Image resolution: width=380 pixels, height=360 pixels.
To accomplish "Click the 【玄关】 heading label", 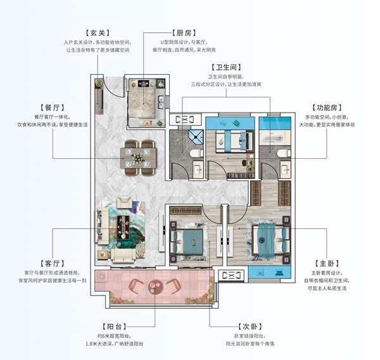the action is [x=98, y=33].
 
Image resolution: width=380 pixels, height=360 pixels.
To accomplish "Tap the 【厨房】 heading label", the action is [x=184, y=33].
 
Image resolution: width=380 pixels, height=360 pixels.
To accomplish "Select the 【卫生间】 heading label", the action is [x=226, y=67].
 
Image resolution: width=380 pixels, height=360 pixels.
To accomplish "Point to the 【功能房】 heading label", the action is [x=327, y=108].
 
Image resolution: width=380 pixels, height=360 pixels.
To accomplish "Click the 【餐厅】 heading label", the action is [x=53, y=108].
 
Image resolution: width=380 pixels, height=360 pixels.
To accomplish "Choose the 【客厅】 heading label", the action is [x=53, y=263].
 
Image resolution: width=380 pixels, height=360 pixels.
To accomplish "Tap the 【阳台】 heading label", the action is [x=115, y=326].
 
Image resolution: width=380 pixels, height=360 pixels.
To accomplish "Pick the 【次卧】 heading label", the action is [x=250, y=326].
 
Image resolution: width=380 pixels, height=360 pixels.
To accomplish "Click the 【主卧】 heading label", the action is [x=327, y=263].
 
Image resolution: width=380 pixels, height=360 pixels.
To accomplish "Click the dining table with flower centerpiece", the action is [x=138, y=158].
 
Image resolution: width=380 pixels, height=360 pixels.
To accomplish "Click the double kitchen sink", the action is [x=160, y=102].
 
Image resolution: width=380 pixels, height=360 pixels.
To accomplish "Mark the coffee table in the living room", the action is [x=123, y=227].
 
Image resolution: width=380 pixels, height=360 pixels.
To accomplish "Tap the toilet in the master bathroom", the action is [x=284, y=154].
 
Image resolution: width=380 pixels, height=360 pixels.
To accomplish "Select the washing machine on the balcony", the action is [x=101, y=276].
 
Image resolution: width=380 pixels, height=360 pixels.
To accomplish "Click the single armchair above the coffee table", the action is [x=124, y=202].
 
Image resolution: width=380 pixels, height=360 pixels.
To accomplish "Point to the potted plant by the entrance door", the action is [x=99, y=84].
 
